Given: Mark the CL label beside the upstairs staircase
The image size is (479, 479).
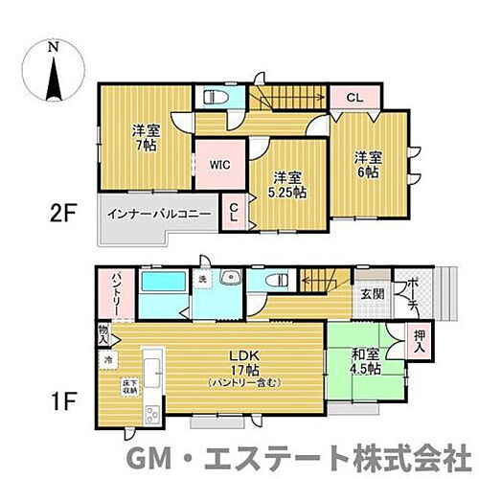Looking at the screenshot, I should pos(354,97).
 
